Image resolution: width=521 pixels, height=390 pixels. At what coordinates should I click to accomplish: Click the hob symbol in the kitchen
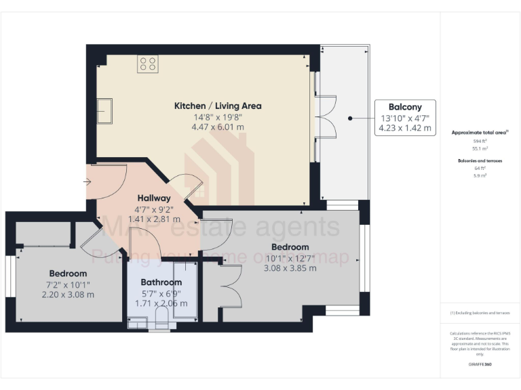148,64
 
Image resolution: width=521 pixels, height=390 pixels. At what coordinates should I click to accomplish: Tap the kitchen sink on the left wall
105,110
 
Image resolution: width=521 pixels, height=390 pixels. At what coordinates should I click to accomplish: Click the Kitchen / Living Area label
218,106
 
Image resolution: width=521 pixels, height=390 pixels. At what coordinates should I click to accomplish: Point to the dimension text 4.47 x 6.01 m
218,127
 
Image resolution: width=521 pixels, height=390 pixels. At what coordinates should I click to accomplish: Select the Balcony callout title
405,107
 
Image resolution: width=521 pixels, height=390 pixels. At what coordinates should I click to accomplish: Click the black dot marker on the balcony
350,118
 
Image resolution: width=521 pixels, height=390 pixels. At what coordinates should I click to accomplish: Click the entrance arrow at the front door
88,181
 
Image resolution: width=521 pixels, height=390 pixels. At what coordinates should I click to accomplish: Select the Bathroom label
161,282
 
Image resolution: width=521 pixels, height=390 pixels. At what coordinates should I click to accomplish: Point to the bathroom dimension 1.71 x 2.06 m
161,303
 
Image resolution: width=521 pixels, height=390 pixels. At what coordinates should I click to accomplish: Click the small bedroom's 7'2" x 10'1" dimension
68,284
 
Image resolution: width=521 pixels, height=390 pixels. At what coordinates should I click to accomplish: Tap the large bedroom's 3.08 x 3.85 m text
290,268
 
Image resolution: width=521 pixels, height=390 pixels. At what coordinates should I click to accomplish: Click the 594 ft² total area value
480,141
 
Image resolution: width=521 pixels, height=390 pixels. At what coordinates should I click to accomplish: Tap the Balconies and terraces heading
480,160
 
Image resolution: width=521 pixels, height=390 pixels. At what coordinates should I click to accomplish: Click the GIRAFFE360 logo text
480,364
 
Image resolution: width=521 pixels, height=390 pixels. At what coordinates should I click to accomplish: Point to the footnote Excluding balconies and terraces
480,313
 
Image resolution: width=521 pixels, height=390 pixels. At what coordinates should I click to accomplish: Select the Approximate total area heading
479,133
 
